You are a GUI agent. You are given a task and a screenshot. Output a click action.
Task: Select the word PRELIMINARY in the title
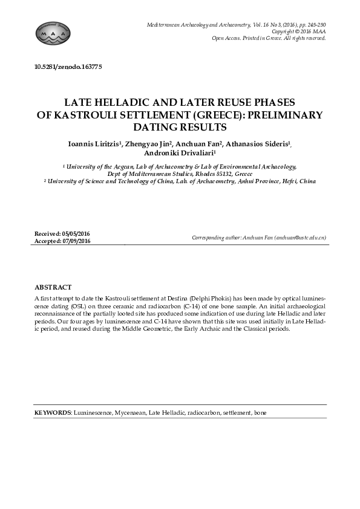tap(283, 115)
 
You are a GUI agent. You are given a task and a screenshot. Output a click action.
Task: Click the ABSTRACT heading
tap(53, 287)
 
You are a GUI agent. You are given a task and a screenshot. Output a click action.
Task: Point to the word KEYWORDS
tap(53, 412)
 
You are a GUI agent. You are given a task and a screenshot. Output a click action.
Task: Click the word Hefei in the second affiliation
tap(281, 180)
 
